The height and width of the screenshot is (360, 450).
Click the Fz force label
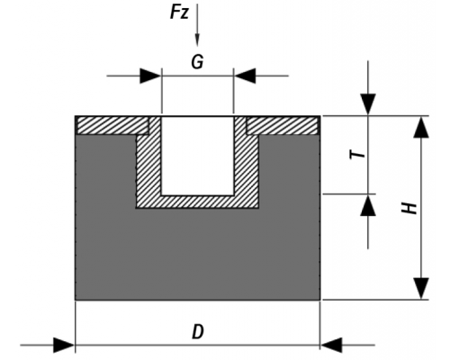[179, 13]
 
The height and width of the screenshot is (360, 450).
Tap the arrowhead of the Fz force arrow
[197, 40]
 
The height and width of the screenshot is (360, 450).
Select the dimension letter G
[197, 62]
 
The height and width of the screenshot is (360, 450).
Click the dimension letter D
[198, 332]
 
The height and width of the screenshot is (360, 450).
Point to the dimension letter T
[358, 155]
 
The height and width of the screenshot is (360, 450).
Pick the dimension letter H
[409, 208]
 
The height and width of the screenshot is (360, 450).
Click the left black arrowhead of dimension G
[150, 76]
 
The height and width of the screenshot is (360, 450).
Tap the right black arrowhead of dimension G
[245, 76]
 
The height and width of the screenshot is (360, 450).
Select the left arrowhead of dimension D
[64, 345]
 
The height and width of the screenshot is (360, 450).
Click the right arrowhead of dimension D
[331, 345]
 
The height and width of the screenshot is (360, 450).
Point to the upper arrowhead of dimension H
[421, 127]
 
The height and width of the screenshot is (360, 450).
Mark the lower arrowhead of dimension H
[421, 288]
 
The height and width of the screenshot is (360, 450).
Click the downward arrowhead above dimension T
[368, 104]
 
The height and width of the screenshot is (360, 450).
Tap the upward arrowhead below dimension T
[368, 205]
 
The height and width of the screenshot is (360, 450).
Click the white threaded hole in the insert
[197, 156]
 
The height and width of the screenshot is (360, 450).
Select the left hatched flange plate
[113, 125]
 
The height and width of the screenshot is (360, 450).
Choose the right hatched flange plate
[282, 125]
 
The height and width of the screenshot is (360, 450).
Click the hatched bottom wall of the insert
[197, 202]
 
